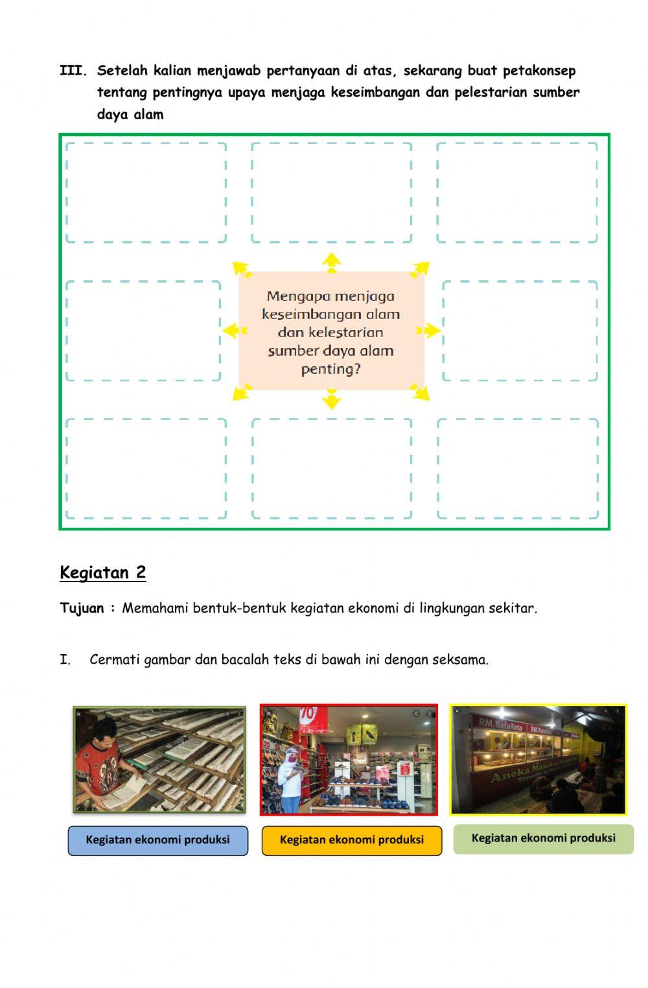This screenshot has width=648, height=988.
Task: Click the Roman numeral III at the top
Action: tap(73, 71)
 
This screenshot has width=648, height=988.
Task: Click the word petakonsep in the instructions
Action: tap(539, 71)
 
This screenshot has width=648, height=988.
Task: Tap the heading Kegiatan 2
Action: tap(102, 572)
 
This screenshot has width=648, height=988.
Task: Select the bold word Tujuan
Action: tap(82, 608)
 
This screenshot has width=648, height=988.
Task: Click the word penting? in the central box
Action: tap(330, 369)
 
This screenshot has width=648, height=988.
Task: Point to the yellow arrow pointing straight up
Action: tap(331, 262)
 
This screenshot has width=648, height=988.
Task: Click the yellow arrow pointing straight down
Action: tap(331, 399)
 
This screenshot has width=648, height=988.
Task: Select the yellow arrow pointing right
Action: tap(429, 331)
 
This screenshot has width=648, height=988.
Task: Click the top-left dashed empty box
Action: tap(146, 193)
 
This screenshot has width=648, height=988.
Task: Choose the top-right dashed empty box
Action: tap(517, 193)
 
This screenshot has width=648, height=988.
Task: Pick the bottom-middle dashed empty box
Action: tap(331, 469)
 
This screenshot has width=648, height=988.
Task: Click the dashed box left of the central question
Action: tap(143, 331)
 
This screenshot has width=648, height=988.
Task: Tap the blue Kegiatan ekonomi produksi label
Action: tap(157, 840)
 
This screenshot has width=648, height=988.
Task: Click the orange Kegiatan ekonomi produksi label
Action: tap(351, 840)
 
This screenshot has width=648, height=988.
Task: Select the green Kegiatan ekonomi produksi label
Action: tap(543, 838)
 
